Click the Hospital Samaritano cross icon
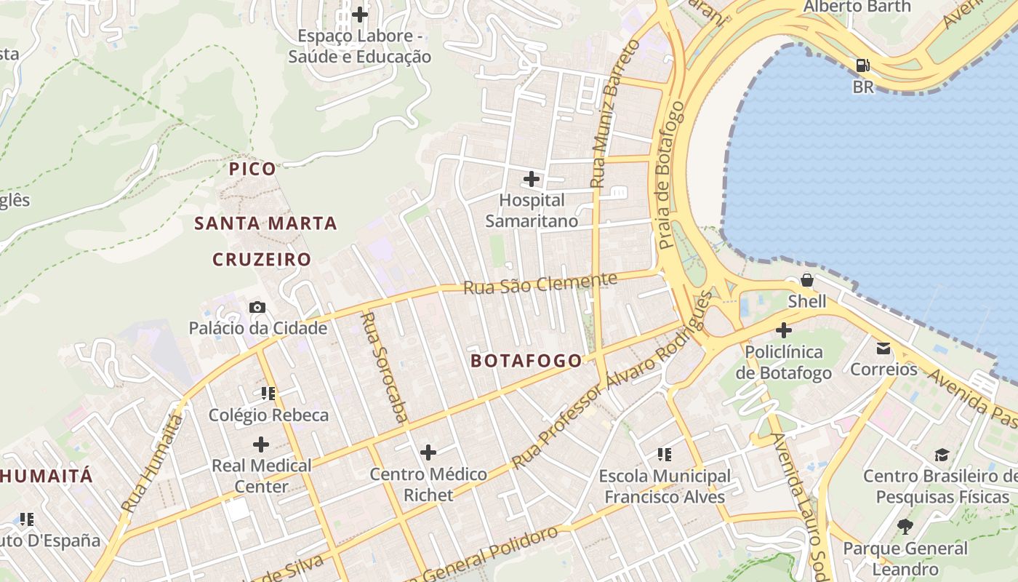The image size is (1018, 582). pos(532,178)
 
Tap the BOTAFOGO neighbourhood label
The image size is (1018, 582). pos(526,361)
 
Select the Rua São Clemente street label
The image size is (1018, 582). pos(540,284)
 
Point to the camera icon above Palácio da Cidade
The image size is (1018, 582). pos(257,307)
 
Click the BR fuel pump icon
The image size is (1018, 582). pos(862,65)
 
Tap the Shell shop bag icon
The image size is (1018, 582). pos(806,280)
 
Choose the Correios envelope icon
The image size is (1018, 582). pos(883,348)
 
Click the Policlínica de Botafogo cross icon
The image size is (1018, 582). pos(783,330)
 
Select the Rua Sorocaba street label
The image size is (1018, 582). pos(385,367)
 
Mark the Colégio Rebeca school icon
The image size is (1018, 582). pos(268,394)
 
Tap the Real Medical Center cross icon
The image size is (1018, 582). pos(261,444)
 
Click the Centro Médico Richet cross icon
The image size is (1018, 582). pos(428,453)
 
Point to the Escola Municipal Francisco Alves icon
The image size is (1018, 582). pos(664,455)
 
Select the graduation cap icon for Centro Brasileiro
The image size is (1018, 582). pos(942,455)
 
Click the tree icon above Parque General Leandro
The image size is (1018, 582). pos(905,526)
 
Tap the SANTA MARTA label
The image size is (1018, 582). pos(265,223)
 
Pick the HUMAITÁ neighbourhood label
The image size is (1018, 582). pos(47,477)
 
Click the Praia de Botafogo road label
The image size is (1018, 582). pos(670,175)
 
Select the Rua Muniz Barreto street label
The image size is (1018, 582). pos(614,114)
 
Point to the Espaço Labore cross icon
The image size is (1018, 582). pos(359,14)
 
